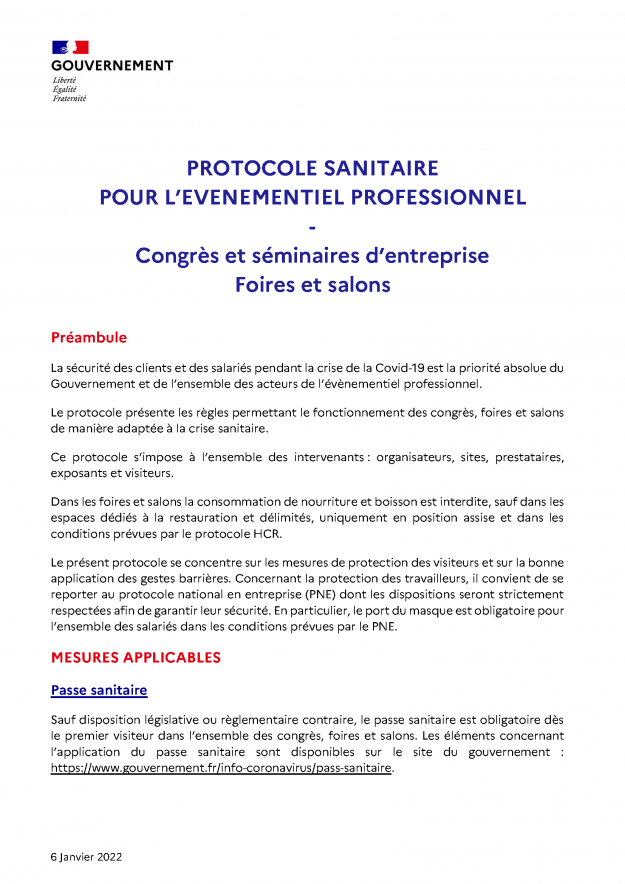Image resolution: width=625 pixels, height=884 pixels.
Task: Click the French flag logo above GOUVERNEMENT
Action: tap(70, 47)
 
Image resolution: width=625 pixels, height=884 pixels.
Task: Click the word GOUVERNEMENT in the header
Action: tap(111, 65)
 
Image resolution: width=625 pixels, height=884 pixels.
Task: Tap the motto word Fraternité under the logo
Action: tap(69, 98)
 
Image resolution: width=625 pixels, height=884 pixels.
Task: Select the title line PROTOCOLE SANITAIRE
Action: tap(312, 168)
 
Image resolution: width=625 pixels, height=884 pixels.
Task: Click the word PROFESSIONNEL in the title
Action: tap(449, 197)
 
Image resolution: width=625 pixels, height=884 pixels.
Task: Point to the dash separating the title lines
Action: tap(312, 226)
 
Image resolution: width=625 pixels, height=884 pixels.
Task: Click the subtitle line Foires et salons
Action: tap(312, 285)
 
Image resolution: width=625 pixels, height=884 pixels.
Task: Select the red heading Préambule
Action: tap(89, 337)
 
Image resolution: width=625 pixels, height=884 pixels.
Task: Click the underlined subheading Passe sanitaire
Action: tap(99, 691)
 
